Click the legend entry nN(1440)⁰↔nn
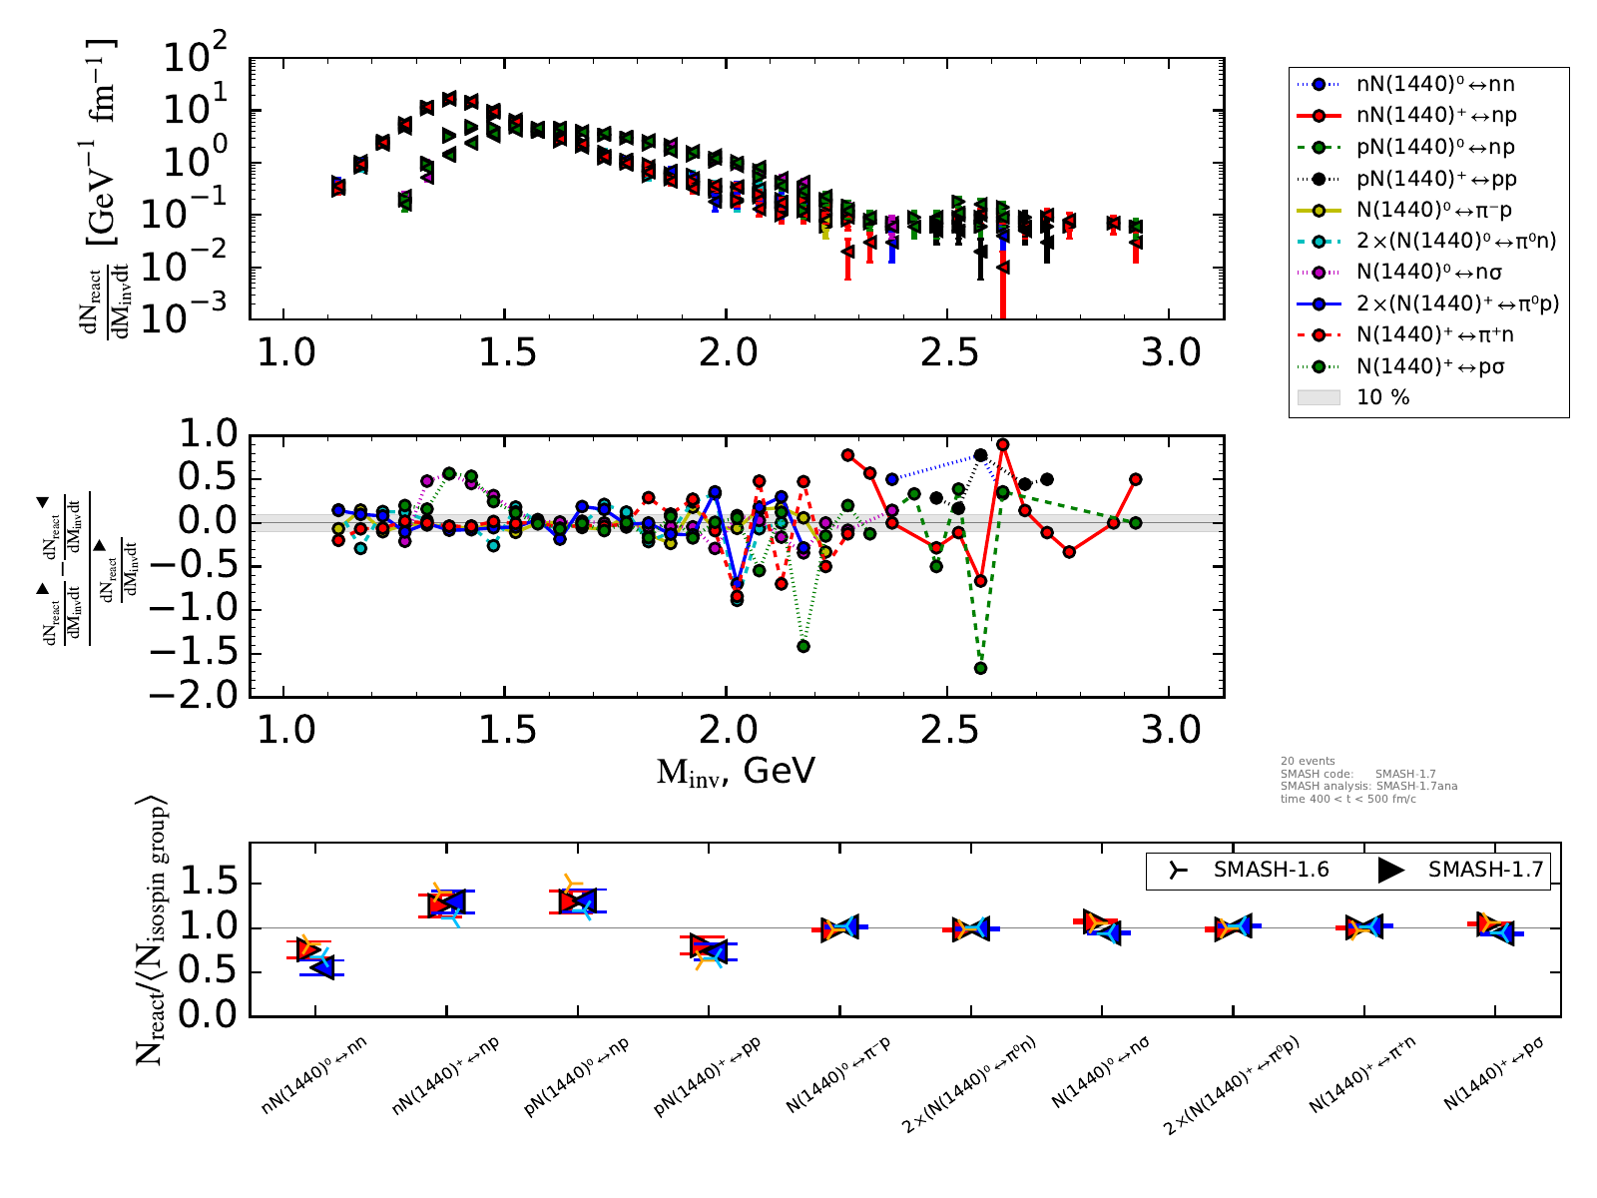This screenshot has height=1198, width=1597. pos(1434,85)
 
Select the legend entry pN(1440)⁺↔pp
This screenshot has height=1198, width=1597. pos(1434,179)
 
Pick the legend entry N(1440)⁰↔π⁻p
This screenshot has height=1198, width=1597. pos(1434,211)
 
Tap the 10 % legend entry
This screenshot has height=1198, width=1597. pos(1382,397)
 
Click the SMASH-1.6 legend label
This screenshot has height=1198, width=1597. pos(1271,870)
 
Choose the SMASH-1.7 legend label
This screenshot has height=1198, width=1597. pos(1485,870)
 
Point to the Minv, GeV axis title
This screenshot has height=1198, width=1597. pos(736,771)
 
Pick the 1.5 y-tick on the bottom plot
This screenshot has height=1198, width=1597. pos(209,884)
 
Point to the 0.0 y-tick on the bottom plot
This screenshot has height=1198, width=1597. pos(209,1015)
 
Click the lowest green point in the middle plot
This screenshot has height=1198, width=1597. pos(980,668)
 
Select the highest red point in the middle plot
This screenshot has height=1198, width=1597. pos(1002,444)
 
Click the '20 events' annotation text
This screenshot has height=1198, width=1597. pos(1308,761)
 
